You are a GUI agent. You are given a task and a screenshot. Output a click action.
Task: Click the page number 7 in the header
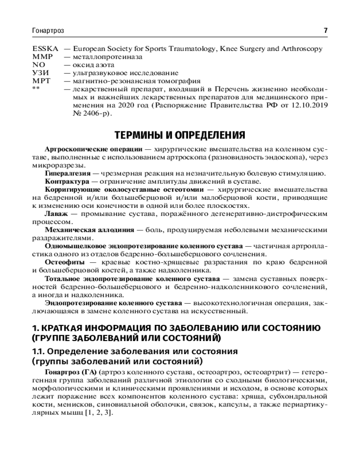[325, 31]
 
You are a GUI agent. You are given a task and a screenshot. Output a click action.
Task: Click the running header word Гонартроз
[48, 31]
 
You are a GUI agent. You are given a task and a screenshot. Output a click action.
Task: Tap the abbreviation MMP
[42, 57]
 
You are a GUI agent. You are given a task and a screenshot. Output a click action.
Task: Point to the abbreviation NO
[39, 65]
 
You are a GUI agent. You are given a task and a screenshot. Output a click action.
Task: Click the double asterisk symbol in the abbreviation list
[36, 89]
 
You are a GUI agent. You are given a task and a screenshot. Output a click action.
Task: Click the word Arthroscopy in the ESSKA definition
[301, 49]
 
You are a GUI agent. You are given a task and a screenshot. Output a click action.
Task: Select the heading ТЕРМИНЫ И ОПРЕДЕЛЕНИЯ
[180, 135]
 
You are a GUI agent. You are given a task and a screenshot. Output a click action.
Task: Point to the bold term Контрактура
[65, 181]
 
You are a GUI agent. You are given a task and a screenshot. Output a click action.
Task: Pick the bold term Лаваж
[55, 214]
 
